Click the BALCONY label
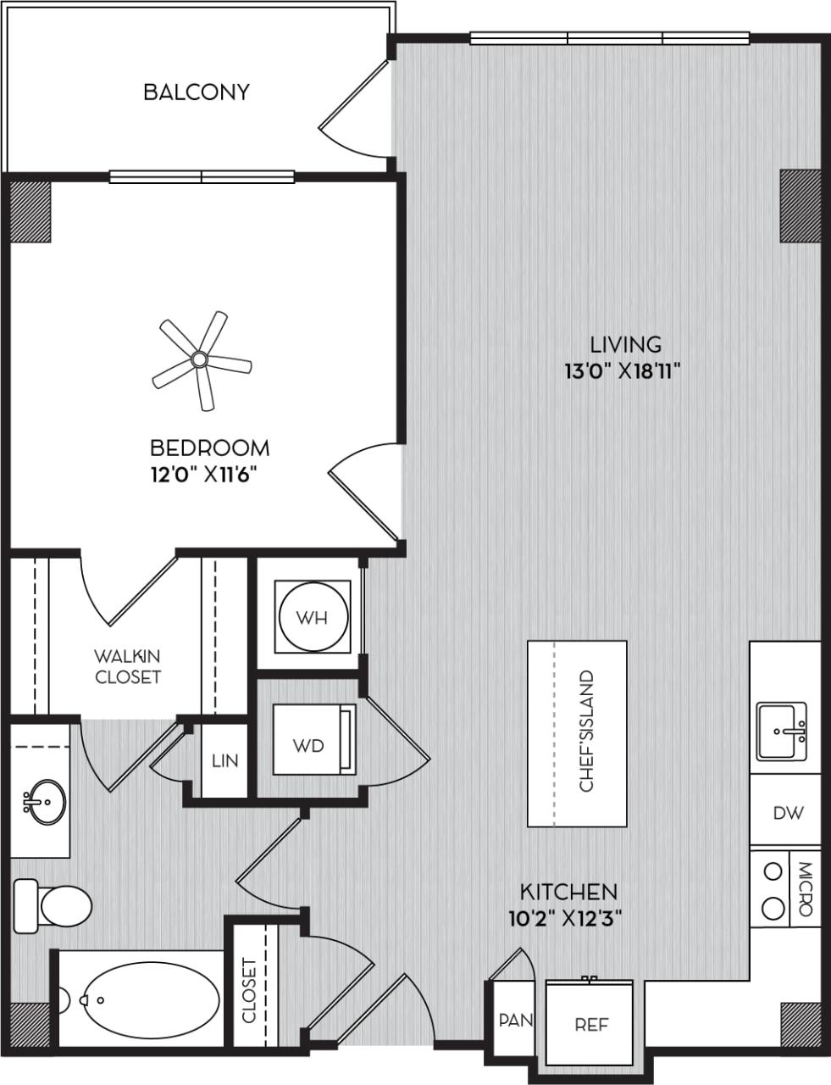pyautogui.click(x=197, y=92)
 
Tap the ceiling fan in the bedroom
pyautogui.click(x=200, y=360)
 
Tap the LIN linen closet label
pyautogui.click(x=225, y=761)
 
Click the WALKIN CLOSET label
pyautogui.click(x=127, y=666)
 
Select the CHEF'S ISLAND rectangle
pyautogui.click(x=577, y=732)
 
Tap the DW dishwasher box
pyautogui.click(x=787, y=812)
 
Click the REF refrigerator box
pyautogui.click(x=591, y=1024)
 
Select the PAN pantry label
pyautogui.click(x=515, y=1020)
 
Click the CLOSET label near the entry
pyautogui.click(x=249, y=991)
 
